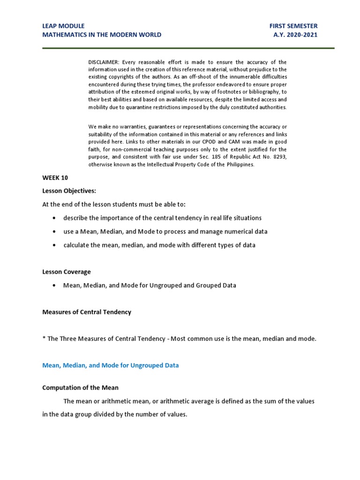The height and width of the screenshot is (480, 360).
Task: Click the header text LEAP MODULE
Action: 63,26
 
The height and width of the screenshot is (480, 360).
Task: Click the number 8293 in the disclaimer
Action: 279,157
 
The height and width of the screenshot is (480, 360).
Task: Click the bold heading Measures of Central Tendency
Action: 87,312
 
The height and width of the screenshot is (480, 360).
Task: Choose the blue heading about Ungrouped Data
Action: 110,366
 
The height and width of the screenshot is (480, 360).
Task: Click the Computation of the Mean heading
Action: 80,388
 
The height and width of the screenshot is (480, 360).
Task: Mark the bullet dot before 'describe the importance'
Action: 55,218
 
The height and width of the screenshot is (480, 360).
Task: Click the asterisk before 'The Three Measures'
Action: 44,339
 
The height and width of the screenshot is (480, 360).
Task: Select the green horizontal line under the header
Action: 187,48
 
